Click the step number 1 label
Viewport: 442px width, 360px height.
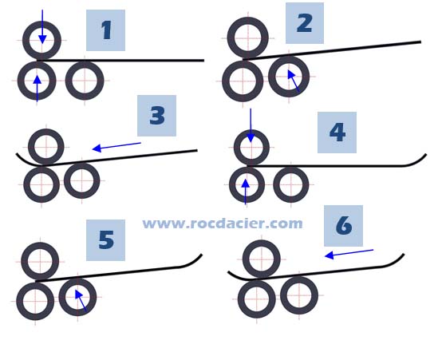pyautogui.click(x=105, y=30)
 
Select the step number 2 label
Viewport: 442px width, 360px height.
pyautogui.click(x=305, y=23)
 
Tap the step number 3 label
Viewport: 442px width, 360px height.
pyautogui.click(x=156, y=116)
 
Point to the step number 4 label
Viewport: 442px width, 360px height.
pyautogui.click(x=337, y=133)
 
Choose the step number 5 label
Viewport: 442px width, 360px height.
pyautogui.click(x=105, y=240)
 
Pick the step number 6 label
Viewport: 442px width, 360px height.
pyautogui.click(x=343, y=226)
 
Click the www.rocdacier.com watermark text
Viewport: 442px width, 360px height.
pyautogui.click(x=223, y=224)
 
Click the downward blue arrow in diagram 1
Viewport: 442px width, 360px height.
pyautogui.click(x=42, y=27)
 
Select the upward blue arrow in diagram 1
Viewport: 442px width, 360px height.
pyautogui.click(x=37, y=89)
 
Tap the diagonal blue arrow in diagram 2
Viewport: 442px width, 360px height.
pyautogui.click(x=294, y=81)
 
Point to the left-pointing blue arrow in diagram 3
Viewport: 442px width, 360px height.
pyautogui.click(x=116, y=147)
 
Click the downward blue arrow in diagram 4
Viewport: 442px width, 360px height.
pyautogui.click(x=251, y=125)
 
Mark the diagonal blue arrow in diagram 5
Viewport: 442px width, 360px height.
pyautogui.click(x=81, y=300)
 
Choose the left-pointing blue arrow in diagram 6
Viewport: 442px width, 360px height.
pyautogui.click(x=349, y=254)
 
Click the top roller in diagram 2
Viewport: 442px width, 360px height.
pyautogui.click(x=248, y=38)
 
